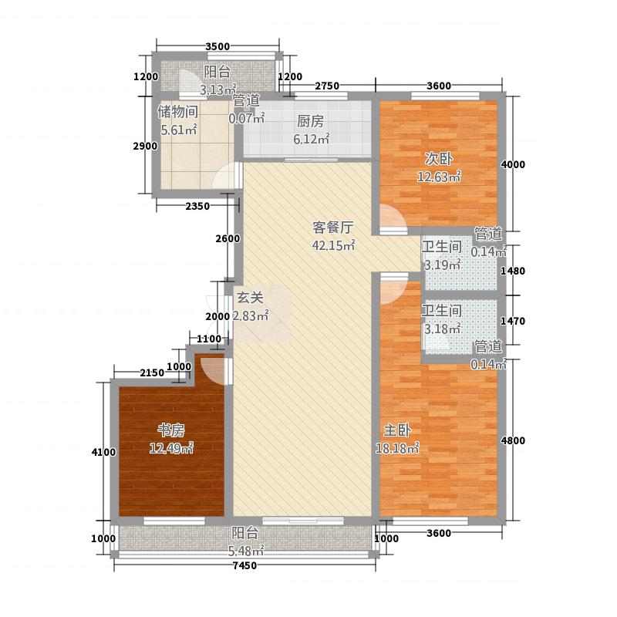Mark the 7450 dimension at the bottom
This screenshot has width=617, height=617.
coord(244,567)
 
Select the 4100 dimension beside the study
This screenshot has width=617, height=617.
coord(104,452)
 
